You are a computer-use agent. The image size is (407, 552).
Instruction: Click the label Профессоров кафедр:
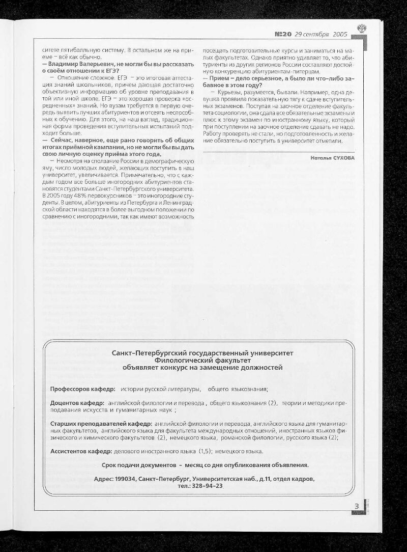pyautogui.click(x=83, y=390)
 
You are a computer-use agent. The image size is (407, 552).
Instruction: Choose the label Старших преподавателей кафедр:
pyautogui.click(x=101, y=424)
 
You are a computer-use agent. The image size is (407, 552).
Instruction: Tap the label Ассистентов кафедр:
pyautogui.click(x=81, y=451)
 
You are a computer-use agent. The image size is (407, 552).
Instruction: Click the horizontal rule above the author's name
pyautogui.click(x=279, y=152)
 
